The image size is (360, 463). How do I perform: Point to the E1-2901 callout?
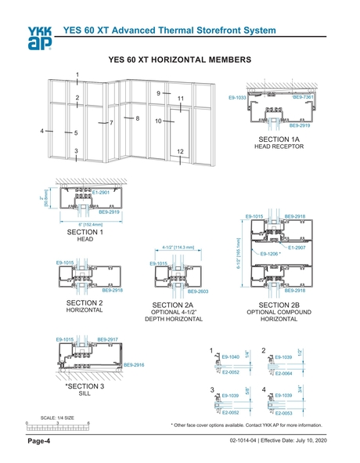point(103,192)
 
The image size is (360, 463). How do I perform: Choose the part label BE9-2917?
point(107,339)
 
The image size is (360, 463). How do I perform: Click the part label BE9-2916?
point(134,365)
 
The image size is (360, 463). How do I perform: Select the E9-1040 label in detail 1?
point(230,357)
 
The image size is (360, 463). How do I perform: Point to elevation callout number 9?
point(158,93)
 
